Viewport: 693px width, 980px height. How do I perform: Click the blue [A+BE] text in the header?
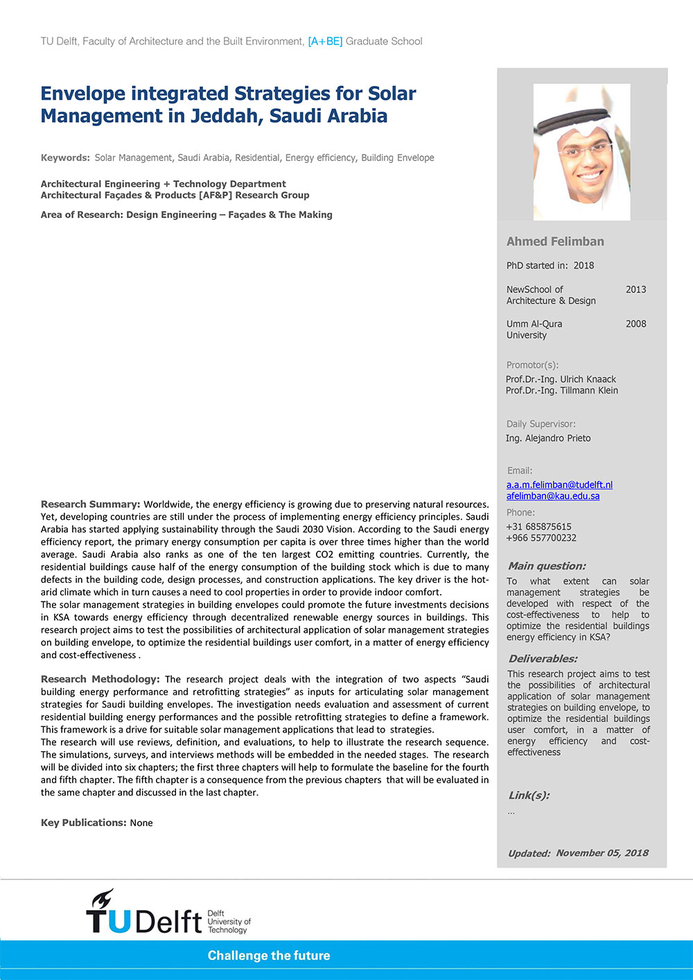[x=325, y=42]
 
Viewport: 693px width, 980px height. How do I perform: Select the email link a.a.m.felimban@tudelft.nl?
[x=559, y=485]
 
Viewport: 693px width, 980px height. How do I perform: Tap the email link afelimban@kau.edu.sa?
[x=552, y=496]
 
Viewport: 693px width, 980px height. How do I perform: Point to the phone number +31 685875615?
[x=538, y=527]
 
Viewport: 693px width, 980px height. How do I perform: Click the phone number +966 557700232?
[x=541, y=538]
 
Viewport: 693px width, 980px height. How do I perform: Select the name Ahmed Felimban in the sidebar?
[x=555, y=242]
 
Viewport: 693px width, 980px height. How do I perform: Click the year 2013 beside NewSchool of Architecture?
[x=635, y=290]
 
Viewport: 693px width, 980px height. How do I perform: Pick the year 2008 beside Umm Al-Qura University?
[x=635, y=324]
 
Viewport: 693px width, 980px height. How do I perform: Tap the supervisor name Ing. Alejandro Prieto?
[x=548, y=438]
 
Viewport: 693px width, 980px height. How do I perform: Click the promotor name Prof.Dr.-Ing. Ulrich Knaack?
[x=561, y=379]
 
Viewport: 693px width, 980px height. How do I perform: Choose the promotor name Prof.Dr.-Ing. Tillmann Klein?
[x=562, y=390]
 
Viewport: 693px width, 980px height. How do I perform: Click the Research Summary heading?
[x=91, y=505]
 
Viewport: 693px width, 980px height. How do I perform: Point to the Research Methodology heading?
[x=100, y=679]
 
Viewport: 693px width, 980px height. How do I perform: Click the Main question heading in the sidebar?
[x=547, y=566]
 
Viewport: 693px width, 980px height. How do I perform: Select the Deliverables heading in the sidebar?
[x=543, y=659]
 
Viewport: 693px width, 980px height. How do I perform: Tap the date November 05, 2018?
[x=602, y=853]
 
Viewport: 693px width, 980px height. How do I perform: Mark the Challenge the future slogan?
[x=269, y=956]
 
